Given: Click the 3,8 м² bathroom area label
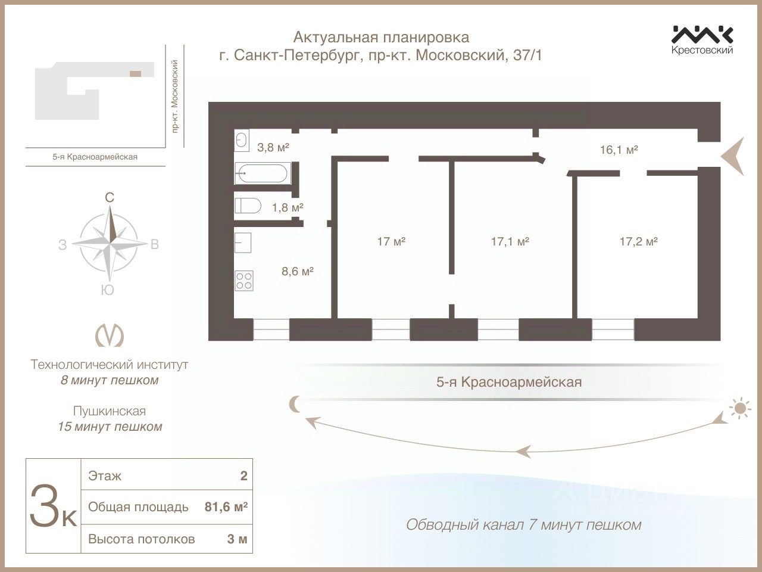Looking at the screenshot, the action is click(273, 147).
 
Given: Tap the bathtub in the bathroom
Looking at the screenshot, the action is click(261, 173).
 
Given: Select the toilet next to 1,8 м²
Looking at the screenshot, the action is click(248, 206).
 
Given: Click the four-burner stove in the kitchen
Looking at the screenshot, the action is click(244, 280).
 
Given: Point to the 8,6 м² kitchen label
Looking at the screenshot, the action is click(298, 272).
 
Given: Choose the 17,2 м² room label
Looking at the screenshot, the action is click(638, 241).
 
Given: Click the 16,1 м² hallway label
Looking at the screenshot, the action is click(619, 150).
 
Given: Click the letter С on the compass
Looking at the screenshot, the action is click(110, 198).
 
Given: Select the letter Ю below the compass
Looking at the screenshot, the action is click(108, 290).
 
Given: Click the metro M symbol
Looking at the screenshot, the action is click(110, 335).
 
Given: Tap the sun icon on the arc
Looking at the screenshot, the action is click(739, 409).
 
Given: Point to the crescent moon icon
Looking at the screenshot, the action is click(296, 405).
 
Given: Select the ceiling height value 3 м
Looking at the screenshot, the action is click(237, 539).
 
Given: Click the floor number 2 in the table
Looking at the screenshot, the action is click(243, 475).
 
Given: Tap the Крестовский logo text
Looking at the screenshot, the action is click(702, 50).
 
